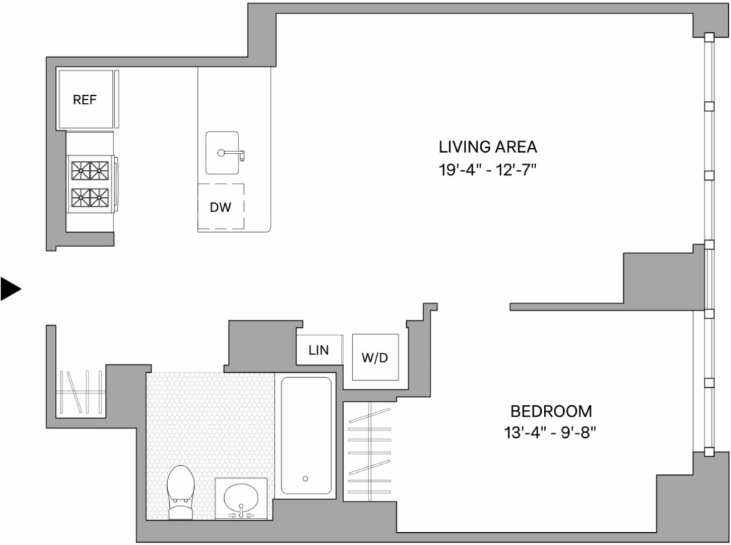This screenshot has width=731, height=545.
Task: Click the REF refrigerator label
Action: pos(85,100)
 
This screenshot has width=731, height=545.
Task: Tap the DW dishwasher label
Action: pos(221,207)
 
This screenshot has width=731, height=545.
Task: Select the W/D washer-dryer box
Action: pos(375,357)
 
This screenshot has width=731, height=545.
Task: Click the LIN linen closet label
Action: pos(318,350)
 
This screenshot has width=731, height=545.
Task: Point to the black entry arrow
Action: pos(11,289)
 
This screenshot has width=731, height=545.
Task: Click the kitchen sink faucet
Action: pos(231,154)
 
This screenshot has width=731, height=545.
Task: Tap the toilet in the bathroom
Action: pos(181,492)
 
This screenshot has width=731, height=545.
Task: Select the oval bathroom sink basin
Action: pos(241,497)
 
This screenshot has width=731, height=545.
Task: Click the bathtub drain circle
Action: pos(306,479)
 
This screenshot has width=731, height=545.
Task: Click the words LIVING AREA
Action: pos(488,147)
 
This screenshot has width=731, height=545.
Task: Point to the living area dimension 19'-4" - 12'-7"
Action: pos(488,170)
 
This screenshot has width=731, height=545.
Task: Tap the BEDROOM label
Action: pos(551,411)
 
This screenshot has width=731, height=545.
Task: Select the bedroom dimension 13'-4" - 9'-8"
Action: pos(550,434)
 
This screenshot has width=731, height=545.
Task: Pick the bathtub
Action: pos(306,436)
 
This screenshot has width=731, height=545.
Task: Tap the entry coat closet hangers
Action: pos(80,392)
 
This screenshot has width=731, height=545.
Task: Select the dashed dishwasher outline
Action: pos(221,206)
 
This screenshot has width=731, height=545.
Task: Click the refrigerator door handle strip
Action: pos(116,99)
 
